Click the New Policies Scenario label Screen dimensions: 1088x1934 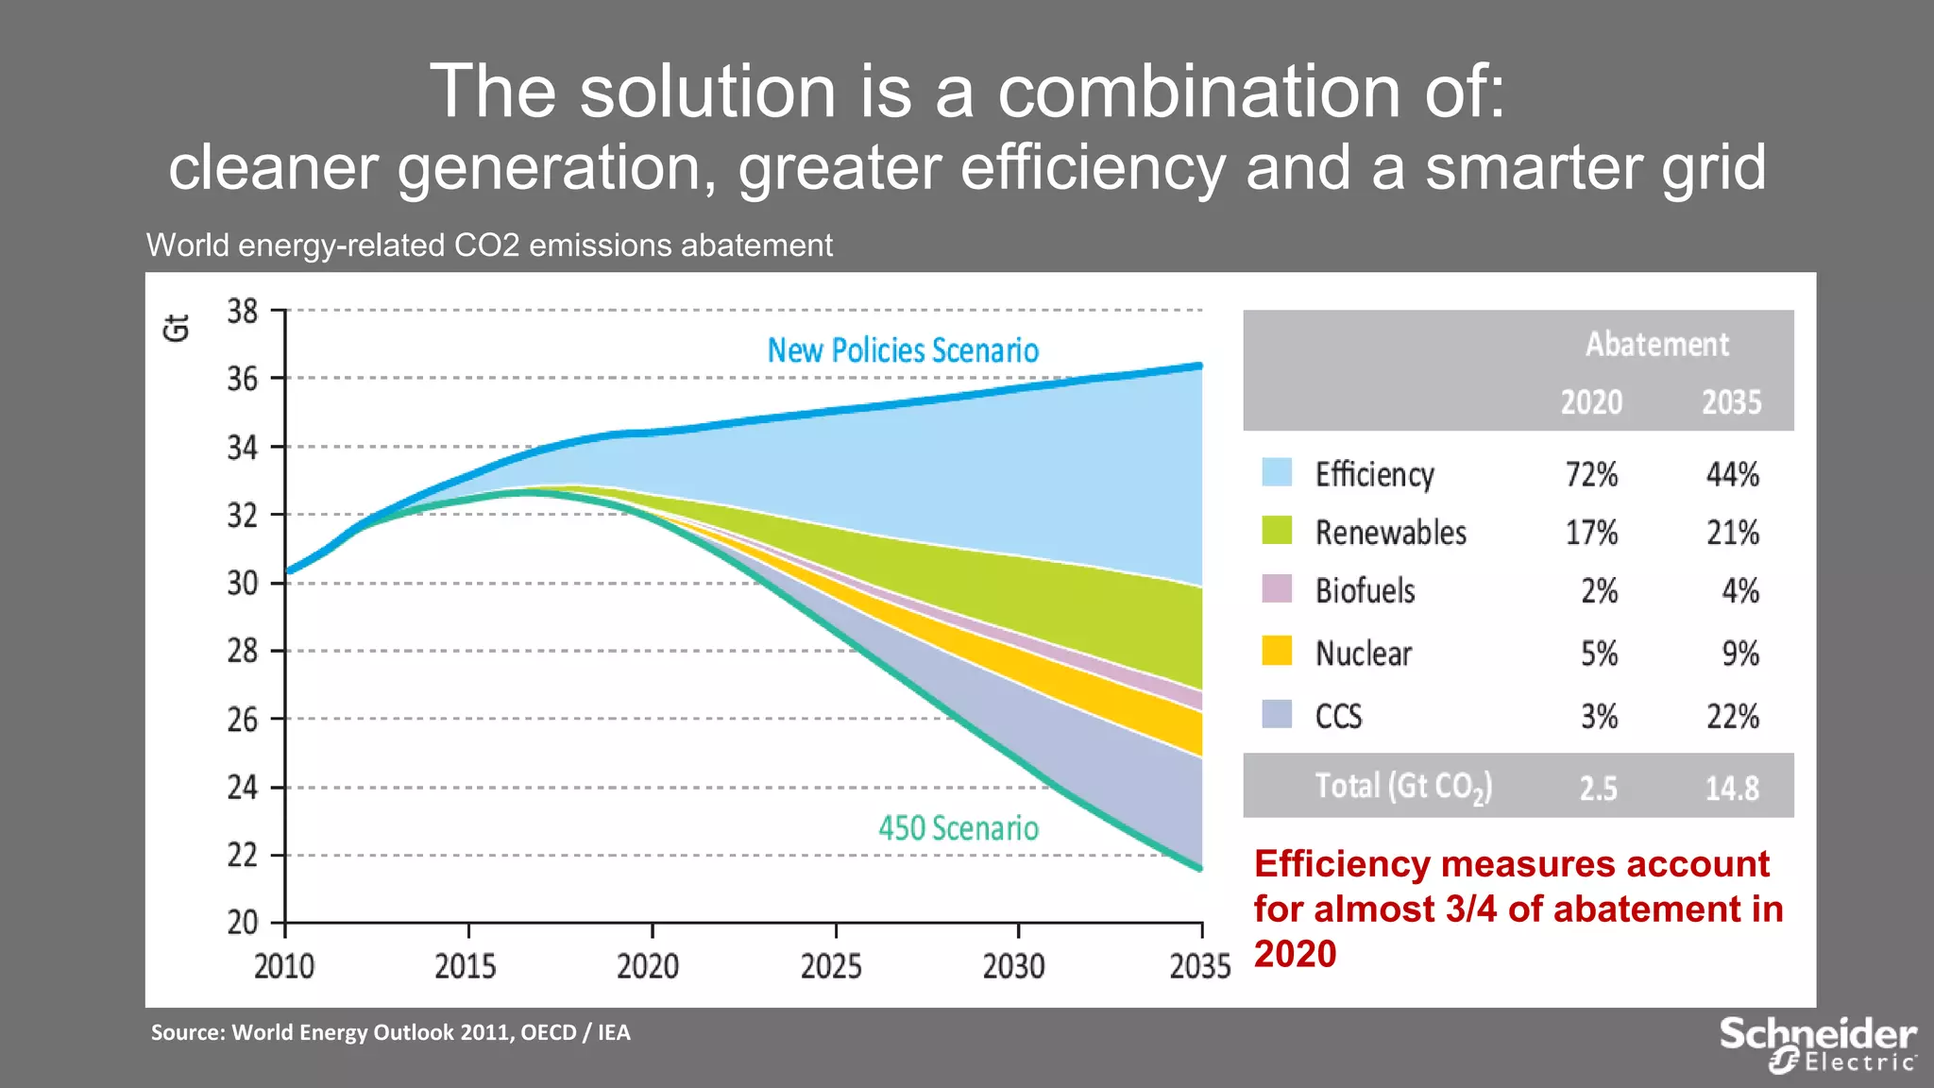903,350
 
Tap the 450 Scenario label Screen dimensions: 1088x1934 958,828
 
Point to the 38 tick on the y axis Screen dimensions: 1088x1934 243,311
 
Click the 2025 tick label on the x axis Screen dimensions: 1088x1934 831,966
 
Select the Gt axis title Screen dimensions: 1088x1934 177,327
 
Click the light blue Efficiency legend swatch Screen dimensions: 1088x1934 1277,472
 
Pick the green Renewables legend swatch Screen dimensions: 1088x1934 1277,531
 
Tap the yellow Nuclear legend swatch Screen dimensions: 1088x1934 1277,651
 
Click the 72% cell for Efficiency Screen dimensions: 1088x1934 1591,474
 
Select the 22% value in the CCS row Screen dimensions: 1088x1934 1732,717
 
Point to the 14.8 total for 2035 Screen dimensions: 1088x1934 1731,788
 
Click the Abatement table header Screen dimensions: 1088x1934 1657,344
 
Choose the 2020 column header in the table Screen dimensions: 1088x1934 1591,402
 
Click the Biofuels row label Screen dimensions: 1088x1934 1365,591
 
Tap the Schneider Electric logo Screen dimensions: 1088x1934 1817,1044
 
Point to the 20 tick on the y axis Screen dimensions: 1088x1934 243,922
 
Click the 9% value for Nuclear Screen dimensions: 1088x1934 1739,654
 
